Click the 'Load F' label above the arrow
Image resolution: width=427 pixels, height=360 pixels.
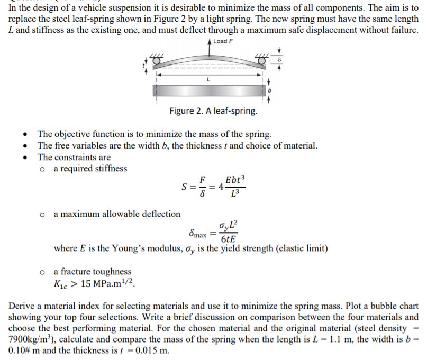point(223,41)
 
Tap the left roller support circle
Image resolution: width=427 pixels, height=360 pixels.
point(157,62)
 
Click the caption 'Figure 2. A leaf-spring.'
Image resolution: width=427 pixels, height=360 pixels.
point(213,111)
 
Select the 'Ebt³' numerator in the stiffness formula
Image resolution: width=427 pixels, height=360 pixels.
point(235,180)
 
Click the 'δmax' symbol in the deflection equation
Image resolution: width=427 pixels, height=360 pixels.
point(198,233)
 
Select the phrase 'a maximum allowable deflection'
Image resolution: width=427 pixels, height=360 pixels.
point(117,214)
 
